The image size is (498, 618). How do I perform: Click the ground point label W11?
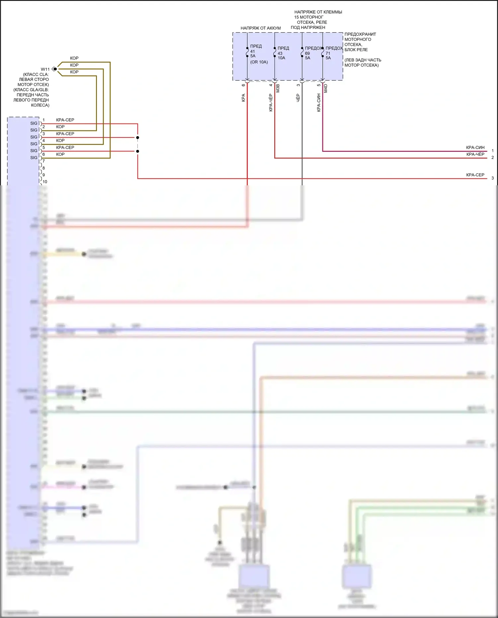click(45, 69)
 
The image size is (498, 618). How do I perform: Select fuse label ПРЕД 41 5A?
click(256, 51)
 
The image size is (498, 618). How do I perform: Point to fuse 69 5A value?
click(307, 55)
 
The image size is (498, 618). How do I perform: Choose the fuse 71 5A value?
click(328, 55)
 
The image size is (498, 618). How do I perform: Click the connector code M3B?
click(278, 88)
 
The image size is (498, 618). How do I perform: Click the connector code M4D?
click(326, 88)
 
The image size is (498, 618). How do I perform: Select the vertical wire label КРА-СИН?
click(319, 103)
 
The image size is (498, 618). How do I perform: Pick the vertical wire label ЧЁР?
click(298, 98)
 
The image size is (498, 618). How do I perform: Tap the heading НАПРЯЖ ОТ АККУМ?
click(261, 28)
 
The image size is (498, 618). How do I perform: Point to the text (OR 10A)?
click(259, 62)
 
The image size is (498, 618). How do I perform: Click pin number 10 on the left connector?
click(45, 182)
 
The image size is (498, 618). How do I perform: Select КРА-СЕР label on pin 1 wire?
click(65, 120)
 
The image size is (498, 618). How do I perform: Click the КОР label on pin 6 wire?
click(60, 154)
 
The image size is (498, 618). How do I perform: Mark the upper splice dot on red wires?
click(137, 137)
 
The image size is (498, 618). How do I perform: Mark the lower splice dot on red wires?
click(137, 151)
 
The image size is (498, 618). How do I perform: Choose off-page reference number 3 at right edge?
click(492, 178)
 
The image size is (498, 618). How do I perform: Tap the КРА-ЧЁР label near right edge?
click(475, 154)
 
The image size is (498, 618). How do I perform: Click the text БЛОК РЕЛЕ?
click(356, 50)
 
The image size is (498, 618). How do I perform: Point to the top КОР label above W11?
click(74, 58)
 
